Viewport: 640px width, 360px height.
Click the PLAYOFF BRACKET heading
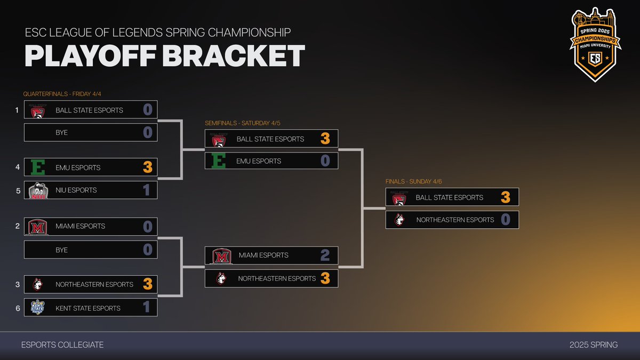[x=164, y=57]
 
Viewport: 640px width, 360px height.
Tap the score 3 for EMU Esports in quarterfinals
[x=147, y=167]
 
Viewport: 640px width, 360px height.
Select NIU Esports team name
[x=76, y=190]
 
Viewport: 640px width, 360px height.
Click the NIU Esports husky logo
[x=38, y=190]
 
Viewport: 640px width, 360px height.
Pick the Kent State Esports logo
[x=37, y=308]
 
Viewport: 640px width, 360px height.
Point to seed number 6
[x=18, y=308]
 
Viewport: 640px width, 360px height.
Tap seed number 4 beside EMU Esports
[x=18, y=167]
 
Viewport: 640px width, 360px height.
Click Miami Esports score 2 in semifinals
[x=325, y=255]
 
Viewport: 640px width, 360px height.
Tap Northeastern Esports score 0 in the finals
[x=506, y=220]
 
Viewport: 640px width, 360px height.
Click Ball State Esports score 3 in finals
[x=506, y=197]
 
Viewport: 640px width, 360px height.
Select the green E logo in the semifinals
[x=219, y=161]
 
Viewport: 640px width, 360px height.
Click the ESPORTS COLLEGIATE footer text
[x=62, y=345]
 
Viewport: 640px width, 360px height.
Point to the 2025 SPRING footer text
[x=594, y=345]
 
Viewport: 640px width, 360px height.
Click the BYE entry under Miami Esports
[x=62, y=250]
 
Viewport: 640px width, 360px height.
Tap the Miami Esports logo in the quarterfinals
[x=38, y=226]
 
